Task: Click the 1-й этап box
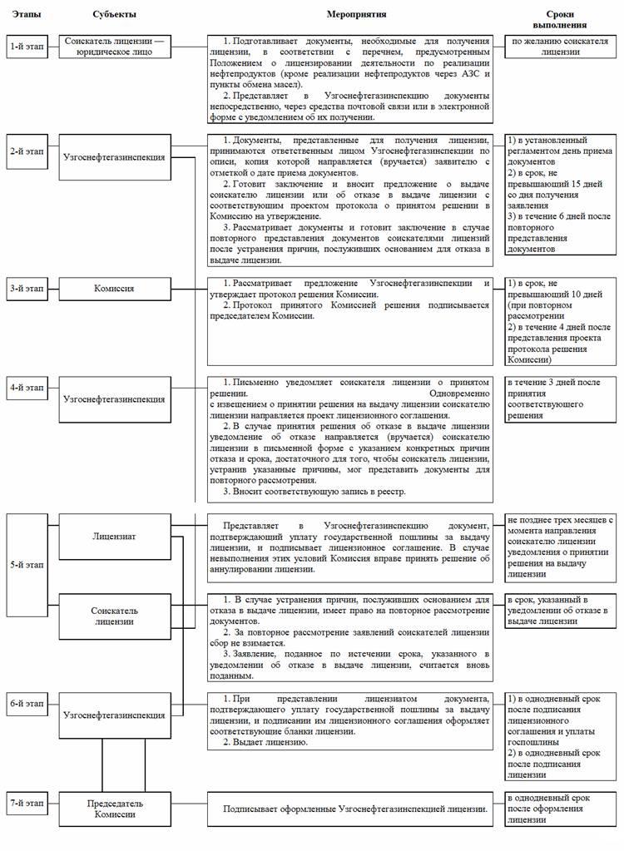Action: click(x=25, y=47)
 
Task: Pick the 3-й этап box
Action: click(x=25, y=289)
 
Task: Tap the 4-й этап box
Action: click(x=25, y=387)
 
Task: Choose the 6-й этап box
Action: click(x=25, y=703)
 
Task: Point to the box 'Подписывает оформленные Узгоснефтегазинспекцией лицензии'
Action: click(x=354, y=808)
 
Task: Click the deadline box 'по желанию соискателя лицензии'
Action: click(x=563, y=47)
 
